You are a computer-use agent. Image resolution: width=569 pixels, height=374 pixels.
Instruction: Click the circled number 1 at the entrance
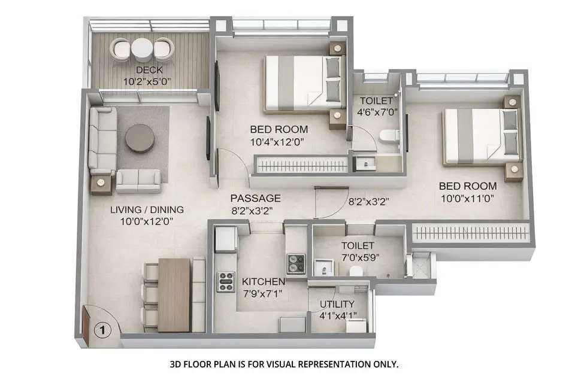[x=102, y=329]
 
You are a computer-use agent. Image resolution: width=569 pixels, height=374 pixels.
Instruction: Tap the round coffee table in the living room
[x=140, y=138]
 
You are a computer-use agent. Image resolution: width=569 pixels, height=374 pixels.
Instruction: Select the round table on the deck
[x=143, y=50]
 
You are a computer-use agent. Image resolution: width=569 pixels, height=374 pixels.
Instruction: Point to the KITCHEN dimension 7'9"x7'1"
[x=264, y=293]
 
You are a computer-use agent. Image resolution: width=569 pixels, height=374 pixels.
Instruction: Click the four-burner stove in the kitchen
[x=225, y=281]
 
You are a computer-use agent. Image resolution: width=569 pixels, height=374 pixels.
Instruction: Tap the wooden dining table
[x=174, y=294]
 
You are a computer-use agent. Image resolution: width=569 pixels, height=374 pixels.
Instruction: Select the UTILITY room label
[x=337, y=304]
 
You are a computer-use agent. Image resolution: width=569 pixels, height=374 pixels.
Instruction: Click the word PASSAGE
[x=256, y=198]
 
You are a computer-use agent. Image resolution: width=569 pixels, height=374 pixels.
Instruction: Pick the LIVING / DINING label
[x=147, y=209]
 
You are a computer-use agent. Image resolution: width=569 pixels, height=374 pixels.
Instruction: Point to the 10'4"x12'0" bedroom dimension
[x=277, y=142]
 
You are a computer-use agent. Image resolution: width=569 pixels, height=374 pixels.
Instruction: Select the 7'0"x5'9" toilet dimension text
[x=358, y=257]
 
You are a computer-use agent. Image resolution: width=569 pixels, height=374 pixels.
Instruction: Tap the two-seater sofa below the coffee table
[x=138, y=180]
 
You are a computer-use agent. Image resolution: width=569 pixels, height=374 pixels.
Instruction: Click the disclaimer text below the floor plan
[x=284, y=363]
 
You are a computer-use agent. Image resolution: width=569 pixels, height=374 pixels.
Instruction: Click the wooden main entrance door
[x=86, y=327]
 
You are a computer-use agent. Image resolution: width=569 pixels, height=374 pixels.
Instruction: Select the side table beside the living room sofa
[x=102, y=184]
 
